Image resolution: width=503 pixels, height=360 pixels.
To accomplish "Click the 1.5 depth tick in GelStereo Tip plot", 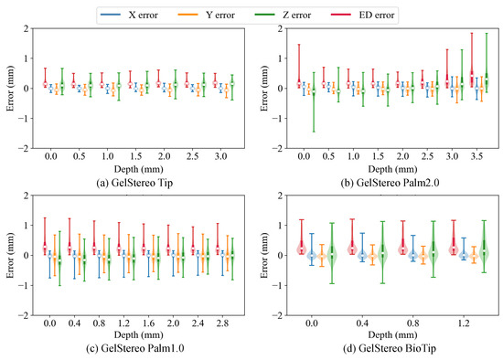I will pyautogui.click(x=136, y=156).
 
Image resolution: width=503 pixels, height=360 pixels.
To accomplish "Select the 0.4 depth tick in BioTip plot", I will pyautogui.click(x=361, y=323).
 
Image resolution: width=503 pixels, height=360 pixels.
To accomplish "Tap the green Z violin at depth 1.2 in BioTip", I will pyautogui.click(x=484, y=254).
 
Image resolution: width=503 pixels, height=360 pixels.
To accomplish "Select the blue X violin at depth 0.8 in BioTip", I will pyautogui.click(x=412, y=256).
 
